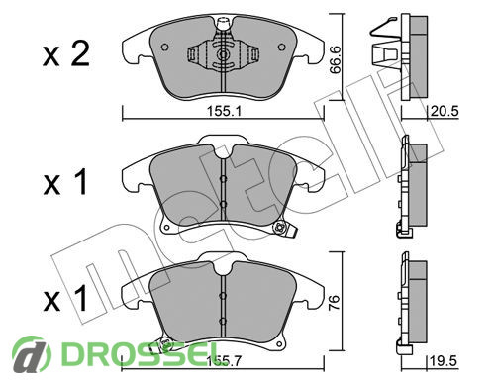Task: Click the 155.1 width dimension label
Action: click(x=224, y=111)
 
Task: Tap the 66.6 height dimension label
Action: click(x=336, y=59)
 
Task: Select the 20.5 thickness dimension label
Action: click(x=445, y=111)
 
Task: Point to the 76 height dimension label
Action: click(x=334, y=300)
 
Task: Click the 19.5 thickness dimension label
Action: click(x=444, y=361)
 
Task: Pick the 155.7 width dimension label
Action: click(x=224, y=361)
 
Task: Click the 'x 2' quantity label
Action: click(x=66, y=54)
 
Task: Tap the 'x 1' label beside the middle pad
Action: click(x=65, y=181)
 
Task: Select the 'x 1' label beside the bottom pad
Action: click(x=65, y=299)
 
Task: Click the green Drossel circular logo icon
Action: click(x=32, y=354)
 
